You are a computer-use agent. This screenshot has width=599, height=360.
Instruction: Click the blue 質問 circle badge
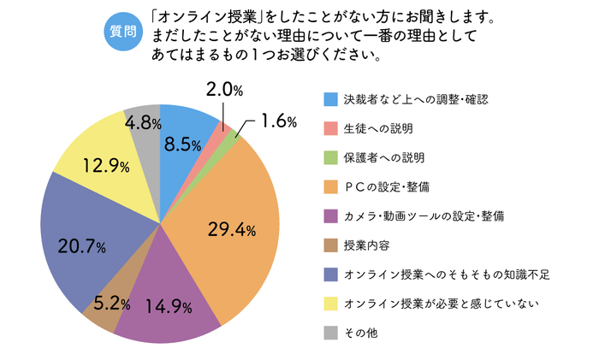122,32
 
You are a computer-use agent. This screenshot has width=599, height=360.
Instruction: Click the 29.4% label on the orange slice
231,228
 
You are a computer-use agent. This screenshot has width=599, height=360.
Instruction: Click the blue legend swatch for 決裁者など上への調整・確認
330,100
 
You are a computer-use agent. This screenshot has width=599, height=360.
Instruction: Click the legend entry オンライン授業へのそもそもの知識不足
445,274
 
